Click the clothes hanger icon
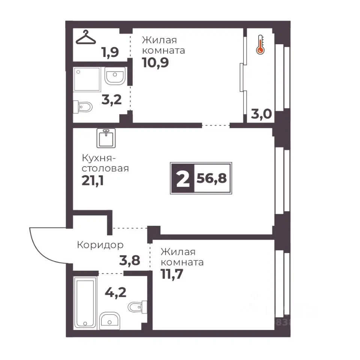point(85,37)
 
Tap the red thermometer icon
point(260,45)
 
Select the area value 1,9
point(110,52)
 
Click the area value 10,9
point(155,63)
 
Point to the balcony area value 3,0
point(261,114)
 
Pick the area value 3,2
point(112,100)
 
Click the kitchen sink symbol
point(106,138)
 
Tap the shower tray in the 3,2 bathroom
point(87,79)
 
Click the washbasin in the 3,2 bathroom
point(115,76)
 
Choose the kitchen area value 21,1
point(93,181)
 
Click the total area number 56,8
point(211,178)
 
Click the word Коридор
point(100,245)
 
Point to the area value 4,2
point(115,292)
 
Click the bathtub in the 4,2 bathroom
point(85,303)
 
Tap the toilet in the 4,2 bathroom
point(137,306)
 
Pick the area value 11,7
point(172,274)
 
